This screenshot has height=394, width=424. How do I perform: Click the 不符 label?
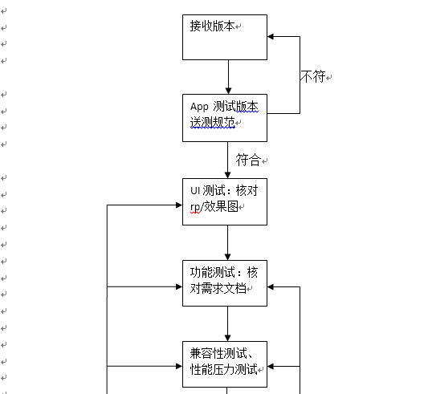click(x=313, y=76)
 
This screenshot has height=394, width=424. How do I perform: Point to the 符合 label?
click(x=248, y=160)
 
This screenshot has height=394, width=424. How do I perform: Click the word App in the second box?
click(x=199, y=107)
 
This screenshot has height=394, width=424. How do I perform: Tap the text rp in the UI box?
click(x=195, y=208)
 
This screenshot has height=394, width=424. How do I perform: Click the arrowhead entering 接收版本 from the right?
click(x=271, y=36)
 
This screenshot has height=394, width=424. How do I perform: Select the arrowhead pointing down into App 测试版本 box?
click(x=229, y=91)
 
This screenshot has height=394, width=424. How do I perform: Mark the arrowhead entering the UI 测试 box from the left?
click(x=179, y=205)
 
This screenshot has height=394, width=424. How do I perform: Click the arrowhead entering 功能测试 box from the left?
click(x=179, y=286)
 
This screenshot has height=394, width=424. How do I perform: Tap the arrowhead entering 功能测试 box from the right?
click(x=271, y=287)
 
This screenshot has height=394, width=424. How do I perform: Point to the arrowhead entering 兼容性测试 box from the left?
click(x=179, y=366)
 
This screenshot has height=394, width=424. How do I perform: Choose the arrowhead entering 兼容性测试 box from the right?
click(x=271, y=367)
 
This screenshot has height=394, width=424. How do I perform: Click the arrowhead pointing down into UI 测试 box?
click(x=228, y=175)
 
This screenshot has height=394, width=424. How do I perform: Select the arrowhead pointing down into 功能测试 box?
click(x=228, y=257)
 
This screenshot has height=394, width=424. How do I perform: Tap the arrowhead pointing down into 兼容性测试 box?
click(x=228, y=338)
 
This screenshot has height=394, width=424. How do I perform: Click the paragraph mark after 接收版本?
click(x=238, y=26)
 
